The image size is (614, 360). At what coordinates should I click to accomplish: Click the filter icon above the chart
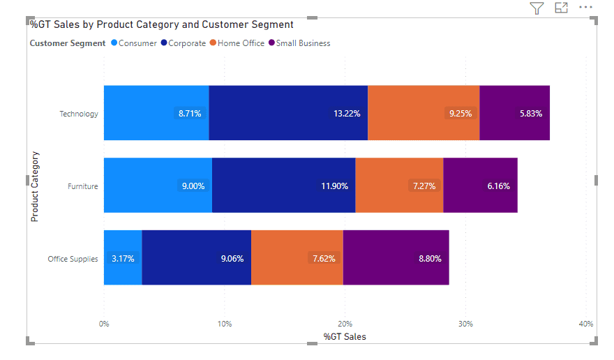click(536, 8)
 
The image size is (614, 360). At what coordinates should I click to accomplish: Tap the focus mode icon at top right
click(561, 8)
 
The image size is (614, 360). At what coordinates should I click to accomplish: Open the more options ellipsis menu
click(585, 8)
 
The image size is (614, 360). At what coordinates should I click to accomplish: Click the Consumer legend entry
click(137, 43)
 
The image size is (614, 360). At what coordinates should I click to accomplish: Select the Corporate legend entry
click(186, 43)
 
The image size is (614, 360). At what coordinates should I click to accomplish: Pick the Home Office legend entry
click(240, 43)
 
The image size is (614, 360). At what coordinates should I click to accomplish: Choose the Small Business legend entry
click(302, 43)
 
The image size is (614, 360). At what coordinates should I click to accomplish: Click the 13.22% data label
click(347, 113)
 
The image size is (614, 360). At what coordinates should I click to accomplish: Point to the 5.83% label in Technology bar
click(530, 113)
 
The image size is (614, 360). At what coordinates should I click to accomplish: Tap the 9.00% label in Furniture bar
click(193, 186)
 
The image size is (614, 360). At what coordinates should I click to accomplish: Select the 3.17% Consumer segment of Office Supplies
click(123, 258)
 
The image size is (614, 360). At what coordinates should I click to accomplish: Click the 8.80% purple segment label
click(430, 258)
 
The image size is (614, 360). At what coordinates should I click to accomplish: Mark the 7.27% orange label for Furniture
click(424, 186)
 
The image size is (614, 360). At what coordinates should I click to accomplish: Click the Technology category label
click(79, 114)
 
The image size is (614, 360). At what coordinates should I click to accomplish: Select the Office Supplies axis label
click(73, 259)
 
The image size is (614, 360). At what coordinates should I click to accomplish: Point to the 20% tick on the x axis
click(345, 324)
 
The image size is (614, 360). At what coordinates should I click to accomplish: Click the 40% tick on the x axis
click(585, 324)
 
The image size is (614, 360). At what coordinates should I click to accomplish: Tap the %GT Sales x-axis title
click(345, 337)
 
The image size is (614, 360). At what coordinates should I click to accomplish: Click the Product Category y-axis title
click(35, 186)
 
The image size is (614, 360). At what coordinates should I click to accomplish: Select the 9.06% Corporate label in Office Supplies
click(232, 258)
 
